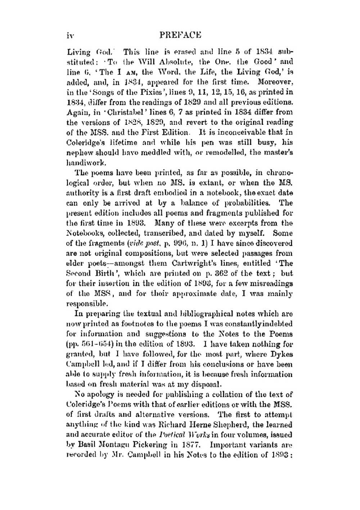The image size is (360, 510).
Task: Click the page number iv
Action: [x=70, y=35]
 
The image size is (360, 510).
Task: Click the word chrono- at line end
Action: [x=280, y=173]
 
